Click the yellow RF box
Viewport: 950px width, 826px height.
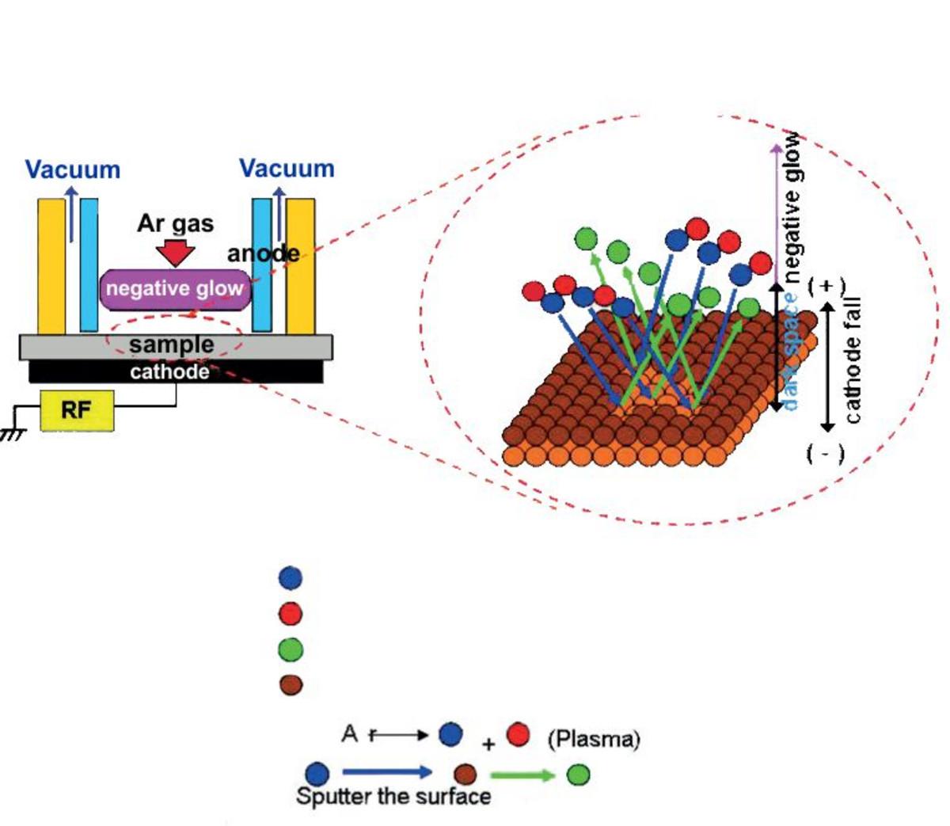77,410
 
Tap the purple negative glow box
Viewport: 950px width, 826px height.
175,289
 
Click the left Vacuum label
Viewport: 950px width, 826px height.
73,169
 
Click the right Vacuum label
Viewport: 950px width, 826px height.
287,169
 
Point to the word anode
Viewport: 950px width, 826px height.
264,253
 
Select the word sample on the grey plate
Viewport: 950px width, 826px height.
171,345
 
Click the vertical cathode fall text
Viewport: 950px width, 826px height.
853,360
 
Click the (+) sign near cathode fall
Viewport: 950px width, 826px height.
826,286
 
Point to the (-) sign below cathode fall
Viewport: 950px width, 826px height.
826,454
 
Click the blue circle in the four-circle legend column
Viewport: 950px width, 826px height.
291,577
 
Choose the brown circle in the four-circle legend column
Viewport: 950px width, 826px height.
291,684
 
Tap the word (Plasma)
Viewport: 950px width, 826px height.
594,740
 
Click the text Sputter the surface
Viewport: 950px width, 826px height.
393,796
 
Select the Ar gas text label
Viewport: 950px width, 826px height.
175,223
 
